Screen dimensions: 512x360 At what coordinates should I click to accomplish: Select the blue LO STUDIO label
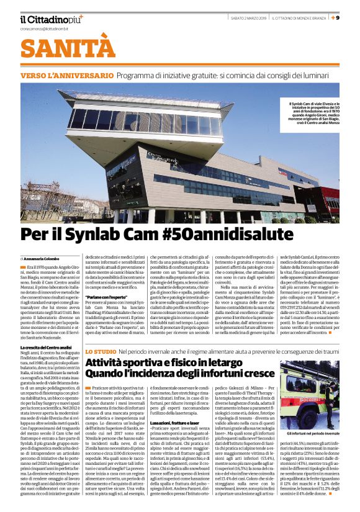pyautogui.click(x=100, y=335)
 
